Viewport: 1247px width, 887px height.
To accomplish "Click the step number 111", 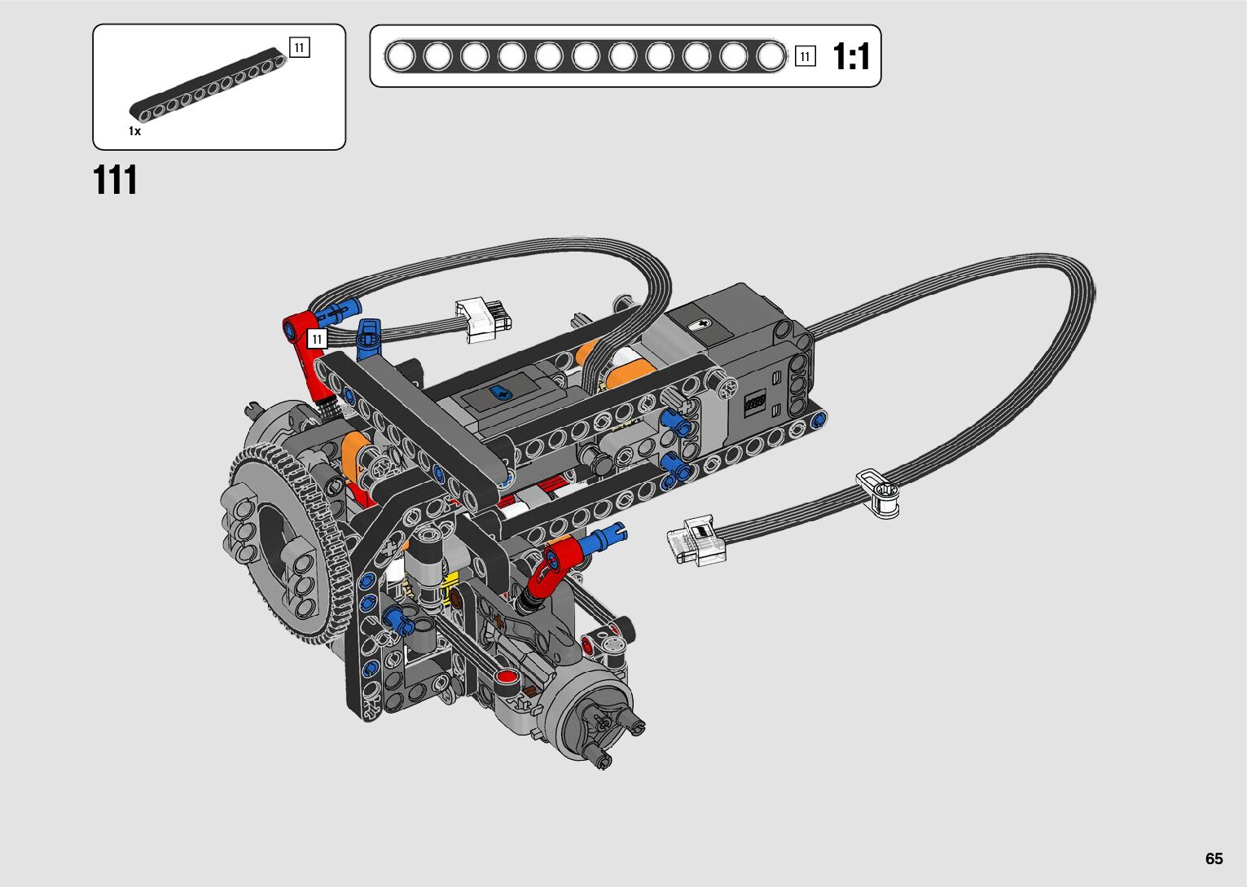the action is pos(115,180).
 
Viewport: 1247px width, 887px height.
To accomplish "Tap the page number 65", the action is pos(1214,858).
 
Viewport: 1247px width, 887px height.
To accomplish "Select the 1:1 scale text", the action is pos(850,57).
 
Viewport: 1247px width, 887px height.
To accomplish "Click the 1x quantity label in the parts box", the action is pos(134,131).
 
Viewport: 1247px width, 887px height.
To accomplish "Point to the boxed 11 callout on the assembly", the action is pos(317,339).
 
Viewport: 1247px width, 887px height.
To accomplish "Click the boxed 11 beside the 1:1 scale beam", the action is pos(805,56).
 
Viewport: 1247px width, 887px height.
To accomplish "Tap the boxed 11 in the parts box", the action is pos(300,47).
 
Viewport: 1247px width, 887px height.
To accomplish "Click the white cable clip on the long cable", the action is pos(878,493).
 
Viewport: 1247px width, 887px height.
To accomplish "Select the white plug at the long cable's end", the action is pos(696,540).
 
